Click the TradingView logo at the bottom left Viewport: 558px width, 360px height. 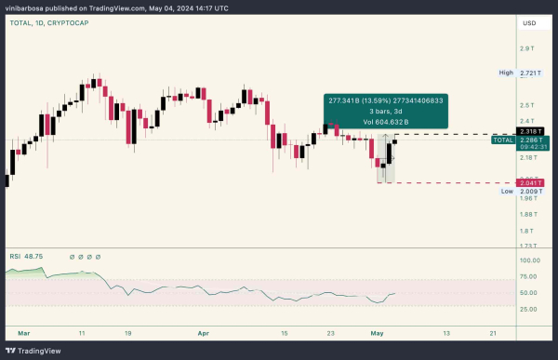pyautogui.click(x=37, y=351)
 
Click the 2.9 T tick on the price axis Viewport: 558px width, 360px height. pyautogui.click(x=526, y=47)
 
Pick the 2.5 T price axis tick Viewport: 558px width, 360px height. pyautogui.click(x=526, y=104)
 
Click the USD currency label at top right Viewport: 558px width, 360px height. pyautogui.click(x=529, y=22)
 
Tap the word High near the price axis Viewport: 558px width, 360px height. pyautogui.click(x=506, y=72)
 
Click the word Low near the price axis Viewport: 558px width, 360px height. pyautogui.click(x=507, y=191)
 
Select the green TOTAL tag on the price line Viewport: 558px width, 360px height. pyautogui.click(x=503, y=140)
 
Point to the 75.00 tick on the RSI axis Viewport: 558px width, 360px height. pyautogui.click(x=529, y=277)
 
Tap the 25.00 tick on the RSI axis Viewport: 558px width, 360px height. pyautogui.click(x=529, y=309)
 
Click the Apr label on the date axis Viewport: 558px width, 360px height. pyautogui.click(x=203, y=331)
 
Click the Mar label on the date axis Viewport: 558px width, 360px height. pyautogui.click(x=24, y=331)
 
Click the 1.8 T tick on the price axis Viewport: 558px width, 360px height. pyautogui.click(x=526, y=230)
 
